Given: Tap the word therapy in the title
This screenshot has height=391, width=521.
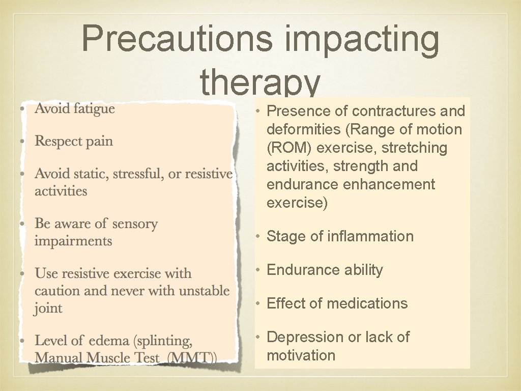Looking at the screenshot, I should (260, 82).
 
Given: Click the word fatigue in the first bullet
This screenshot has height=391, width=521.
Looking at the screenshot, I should (94, 108).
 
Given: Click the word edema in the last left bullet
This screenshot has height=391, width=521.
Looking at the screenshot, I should (106, 341).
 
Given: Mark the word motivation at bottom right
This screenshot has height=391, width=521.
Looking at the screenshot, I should (301, 355).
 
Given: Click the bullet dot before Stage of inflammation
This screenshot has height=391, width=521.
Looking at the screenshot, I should (258, 236).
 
